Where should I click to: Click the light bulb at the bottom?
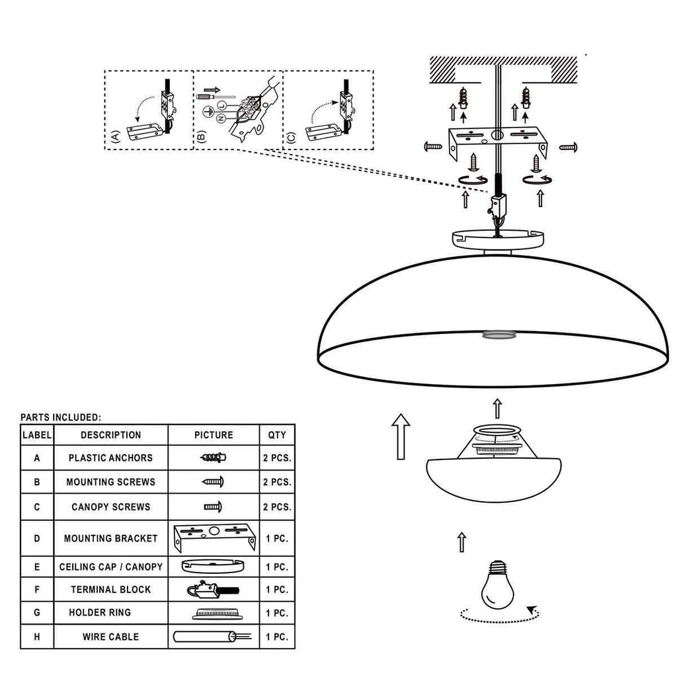(x=497, y=584)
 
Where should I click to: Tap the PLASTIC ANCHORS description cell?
(x=110, y=458)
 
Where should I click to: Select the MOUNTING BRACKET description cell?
(x=110, y=538)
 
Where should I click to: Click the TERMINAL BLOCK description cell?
(x=110, y=589)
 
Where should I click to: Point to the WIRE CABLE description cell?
(x=110, y=637)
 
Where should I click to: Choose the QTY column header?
(x=277, y=435)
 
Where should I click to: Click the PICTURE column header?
(x=214, y=435)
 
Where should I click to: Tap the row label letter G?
(x=37, y=613)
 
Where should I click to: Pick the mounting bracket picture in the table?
(x=214, y=538)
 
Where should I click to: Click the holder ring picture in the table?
(x=214, y=613)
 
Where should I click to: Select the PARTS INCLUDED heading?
(x=61, y=417)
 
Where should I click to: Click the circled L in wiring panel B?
(x=222, y=106)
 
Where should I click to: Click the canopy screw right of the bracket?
(x=569, y=146)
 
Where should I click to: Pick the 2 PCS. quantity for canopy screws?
(x=277, y=507)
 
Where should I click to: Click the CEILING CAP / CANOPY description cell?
(x=110, y=567)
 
